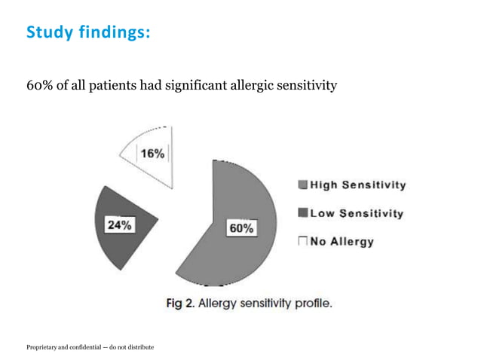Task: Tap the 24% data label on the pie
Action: point(119,224)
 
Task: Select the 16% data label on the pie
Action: point(152,153)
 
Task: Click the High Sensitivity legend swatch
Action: point(303,185)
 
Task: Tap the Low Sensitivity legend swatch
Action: point(303,213)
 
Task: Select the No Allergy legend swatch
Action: point(303,242)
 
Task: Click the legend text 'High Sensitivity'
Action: point(357,185)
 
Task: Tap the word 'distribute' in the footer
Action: point(139,346)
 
